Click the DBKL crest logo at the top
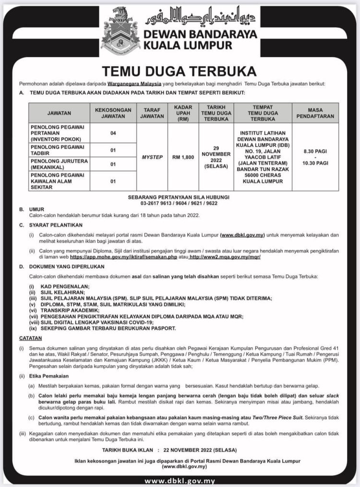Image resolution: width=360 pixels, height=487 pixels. point(120,30)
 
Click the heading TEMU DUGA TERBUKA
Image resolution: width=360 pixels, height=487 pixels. point(180,71)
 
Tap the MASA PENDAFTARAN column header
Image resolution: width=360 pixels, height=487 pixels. point(315,113)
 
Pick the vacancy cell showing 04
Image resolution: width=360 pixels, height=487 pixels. point(113,133)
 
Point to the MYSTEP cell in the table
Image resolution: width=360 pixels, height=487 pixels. point(152,156)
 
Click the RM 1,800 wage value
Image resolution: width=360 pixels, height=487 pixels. point(183,156)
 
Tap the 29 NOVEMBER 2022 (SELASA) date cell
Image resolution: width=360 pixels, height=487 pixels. point(216,156)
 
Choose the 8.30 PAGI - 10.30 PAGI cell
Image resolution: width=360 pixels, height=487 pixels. point(315,156)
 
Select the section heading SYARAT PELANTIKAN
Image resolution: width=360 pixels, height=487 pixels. point(56,225)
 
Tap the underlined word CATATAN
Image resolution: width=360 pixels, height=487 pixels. point(30,338)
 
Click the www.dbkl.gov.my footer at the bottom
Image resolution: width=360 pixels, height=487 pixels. point(180,481)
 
